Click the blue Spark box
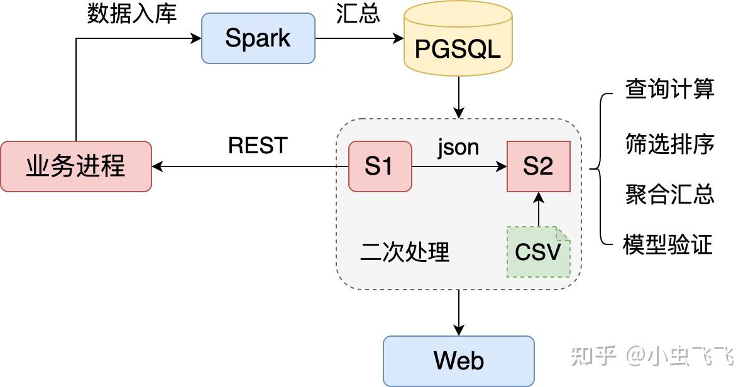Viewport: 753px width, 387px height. [x=258, y=38]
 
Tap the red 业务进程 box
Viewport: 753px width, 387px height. [x=76, y=166]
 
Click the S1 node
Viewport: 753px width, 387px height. [x=380, y=166]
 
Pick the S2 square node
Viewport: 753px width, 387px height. [x=538, y=166]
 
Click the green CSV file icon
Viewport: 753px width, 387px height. [x=538, y=252]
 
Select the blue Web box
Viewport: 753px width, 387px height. [x=458, y=361]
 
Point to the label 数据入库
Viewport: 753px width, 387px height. [x=132, y=13]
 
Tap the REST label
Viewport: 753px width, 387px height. [x=258, y=146]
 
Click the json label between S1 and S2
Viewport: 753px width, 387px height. [x=458, y=146]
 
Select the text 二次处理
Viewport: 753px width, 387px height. [x=405, y=252]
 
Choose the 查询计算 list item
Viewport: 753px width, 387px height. [x=669, y=89]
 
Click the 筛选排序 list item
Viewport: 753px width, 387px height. [x=669, y=144]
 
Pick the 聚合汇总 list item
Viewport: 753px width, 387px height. [x=669, y=194]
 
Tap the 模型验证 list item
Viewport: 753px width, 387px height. [x=668, y=244]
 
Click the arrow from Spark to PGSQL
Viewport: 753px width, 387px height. [x=358, y=38]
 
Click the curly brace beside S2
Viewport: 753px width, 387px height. [x=598, y=168]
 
